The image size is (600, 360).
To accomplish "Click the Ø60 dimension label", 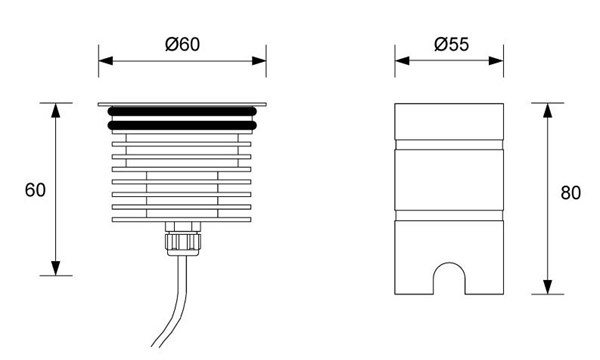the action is (x=182, y=44).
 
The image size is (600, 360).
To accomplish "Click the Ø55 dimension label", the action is (x=451, y=44).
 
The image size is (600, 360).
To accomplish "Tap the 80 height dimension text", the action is (x=571, y=193).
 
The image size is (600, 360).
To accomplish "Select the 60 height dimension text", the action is (x=35, y=190).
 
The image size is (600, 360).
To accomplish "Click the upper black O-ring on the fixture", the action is (x=182, y=111).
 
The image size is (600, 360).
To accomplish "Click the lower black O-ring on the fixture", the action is (x=182, y=125).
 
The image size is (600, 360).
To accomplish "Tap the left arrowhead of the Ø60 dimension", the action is (x=106, y=61).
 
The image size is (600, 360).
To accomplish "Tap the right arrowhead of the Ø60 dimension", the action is (x=259, y=61).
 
